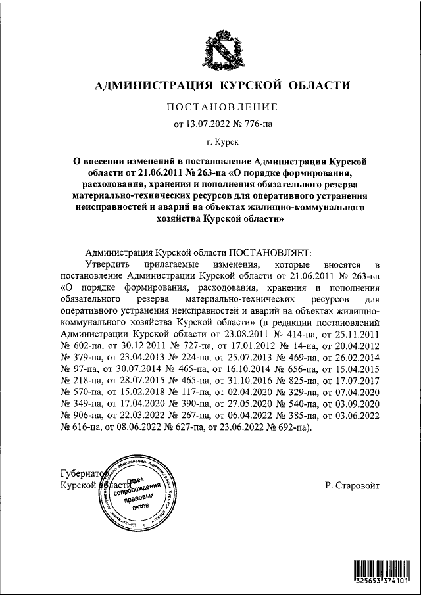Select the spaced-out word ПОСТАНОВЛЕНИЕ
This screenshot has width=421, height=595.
click(x=221, y=107)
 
